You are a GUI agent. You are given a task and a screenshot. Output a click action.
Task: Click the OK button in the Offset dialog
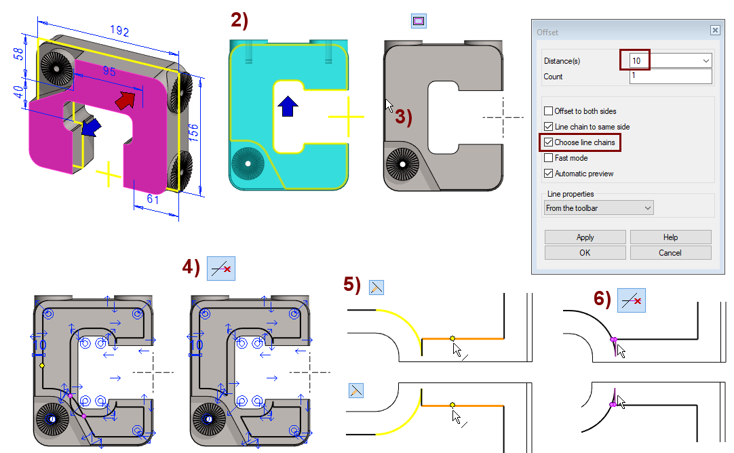pos(585,253)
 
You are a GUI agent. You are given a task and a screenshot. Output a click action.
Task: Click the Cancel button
pos(670,253)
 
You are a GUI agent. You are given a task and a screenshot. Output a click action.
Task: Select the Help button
pos(670,237)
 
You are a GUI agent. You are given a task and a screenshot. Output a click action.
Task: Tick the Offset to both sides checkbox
pos(549,111)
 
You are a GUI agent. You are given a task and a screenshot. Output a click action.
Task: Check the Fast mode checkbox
pos(549,158)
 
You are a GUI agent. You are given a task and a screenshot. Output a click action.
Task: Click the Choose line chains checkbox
pos(549,142)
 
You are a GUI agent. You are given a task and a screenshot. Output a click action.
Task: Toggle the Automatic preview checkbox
pos(549,173)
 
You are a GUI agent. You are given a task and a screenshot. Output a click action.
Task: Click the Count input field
pos(670,76)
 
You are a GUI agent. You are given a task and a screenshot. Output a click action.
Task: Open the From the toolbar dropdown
pos(599,208)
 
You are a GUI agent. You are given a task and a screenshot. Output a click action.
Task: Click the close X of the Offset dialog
pos(715,30)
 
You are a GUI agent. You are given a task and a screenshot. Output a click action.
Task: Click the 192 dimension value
pos(119,31)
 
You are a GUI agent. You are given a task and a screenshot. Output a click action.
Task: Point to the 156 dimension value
pos(193,133)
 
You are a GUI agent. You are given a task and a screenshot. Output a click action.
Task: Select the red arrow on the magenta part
pos(125,100)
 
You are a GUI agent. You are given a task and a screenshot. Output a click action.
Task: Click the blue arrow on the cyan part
pos(288,106)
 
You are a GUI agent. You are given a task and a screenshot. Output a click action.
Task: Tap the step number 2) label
pos(239,20)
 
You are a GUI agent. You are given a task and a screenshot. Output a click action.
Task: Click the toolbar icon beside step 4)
pos(221,269)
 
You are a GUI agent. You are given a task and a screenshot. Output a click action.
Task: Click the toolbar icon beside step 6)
pos(632,300)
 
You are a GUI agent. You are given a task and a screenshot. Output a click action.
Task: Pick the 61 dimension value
pos(153,199)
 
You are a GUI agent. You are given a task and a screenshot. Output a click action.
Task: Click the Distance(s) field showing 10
pos(670,61)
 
